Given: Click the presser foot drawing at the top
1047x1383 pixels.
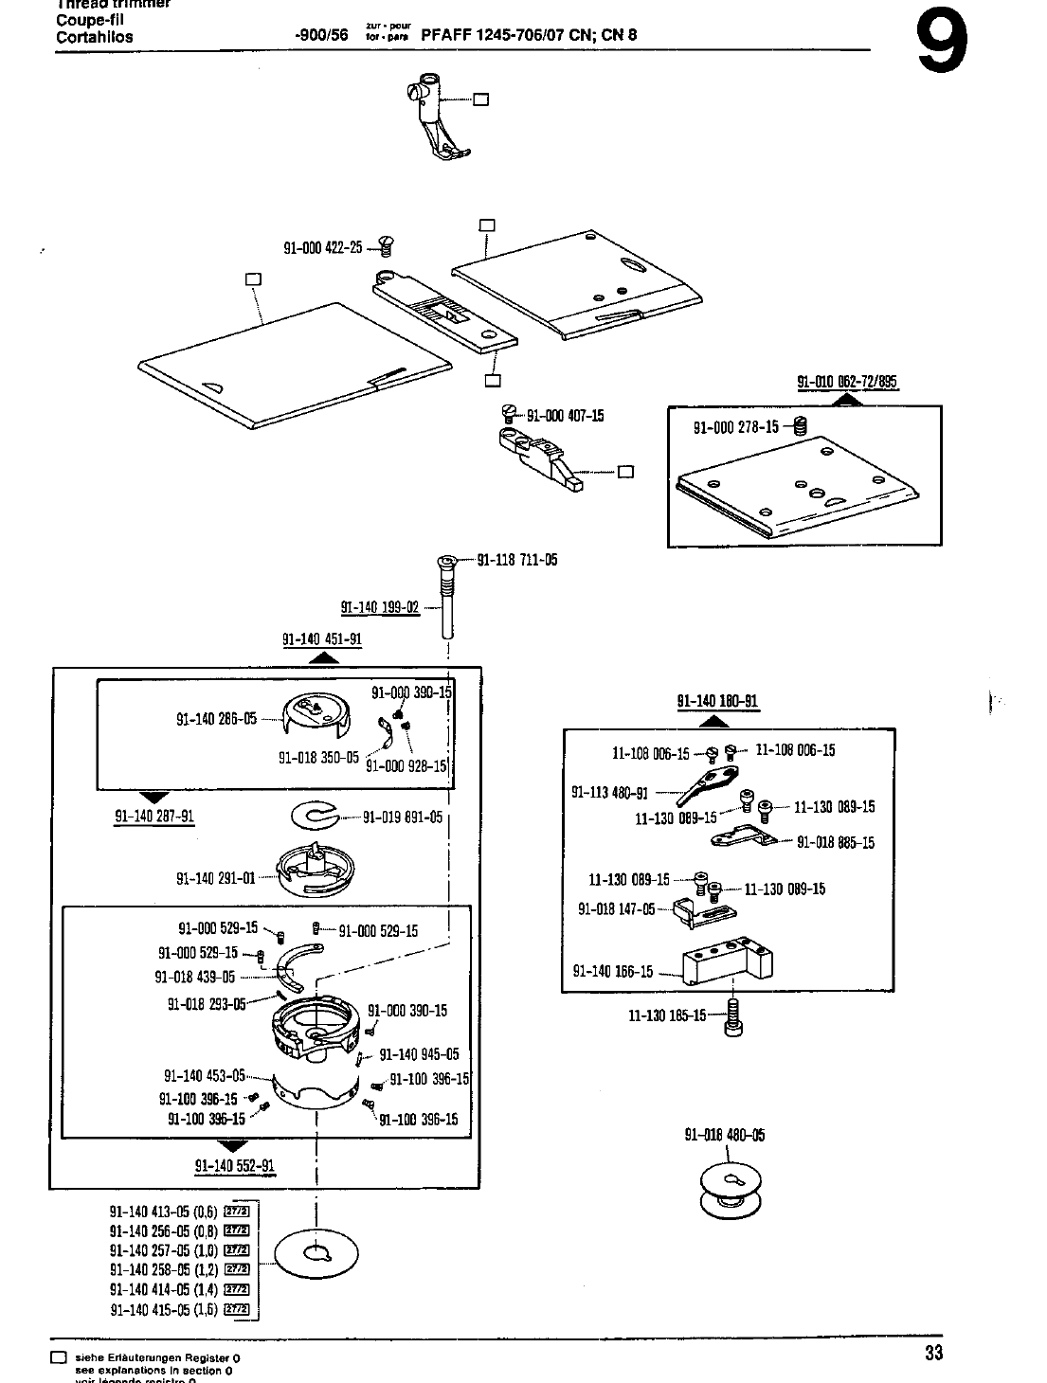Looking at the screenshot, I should pos(437,118).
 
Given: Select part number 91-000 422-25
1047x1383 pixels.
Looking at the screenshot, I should pos(323,248).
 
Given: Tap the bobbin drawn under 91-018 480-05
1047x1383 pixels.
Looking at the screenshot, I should pos(731,1189).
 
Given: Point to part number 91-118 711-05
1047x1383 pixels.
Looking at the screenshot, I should pos(517,560).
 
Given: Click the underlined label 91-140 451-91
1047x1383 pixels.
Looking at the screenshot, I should pos(322,639).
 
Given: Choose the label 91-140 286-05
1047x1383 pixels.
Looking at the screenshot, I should pos(217,719).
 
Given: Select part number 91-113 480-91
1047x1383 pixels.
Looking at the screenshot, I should pos(609,793).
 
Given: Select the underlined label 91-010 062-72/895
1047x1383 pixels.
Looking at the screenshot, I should pos(847,383).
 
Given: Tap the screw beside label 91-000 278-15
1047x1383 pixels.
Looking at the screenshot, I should pos(799,427).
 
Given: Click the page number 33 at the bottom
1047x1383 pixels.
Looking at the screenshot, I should pos(933,1353).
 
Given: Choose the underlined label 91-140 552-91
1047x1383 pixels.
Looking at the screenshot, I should pos(235,1166).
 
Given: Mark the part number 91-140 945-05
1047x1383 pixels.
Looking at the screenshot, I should pos(419,1054).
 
